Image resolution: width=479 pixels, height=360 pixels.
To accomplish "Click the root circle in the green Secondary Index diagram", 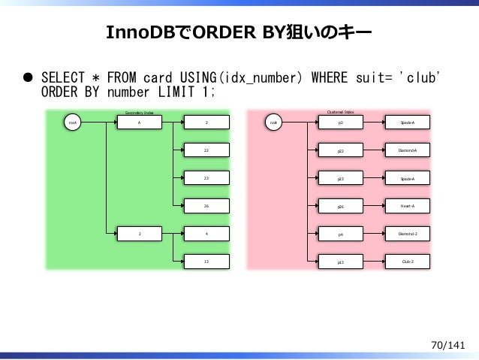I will [72, 122].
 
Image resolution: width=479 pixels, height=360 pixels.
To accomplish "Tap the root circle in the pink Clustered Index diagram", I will [276, 122].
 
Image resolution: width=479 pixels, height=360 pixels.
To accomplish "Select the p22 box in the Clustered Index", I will [342, 150].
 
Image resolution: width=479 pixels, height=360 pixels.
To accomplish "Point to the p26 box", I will [342, 206].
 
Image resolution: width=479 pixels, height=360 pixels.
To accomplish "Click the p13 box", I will [342, 262].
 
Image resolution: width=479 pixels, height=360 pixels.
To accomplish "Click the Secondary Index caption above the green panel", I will [139, 112].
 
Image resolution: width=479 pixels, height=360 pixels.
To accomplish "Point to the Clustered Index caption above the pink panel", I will [341, 111].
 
